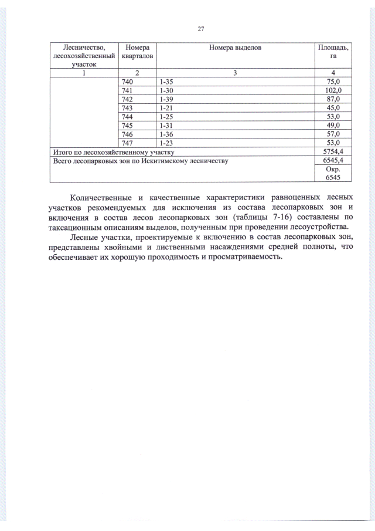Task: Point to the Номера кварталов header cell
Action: [x=136, y=51]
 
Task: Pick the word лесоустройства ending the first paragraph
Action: [x=316, y=227]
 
